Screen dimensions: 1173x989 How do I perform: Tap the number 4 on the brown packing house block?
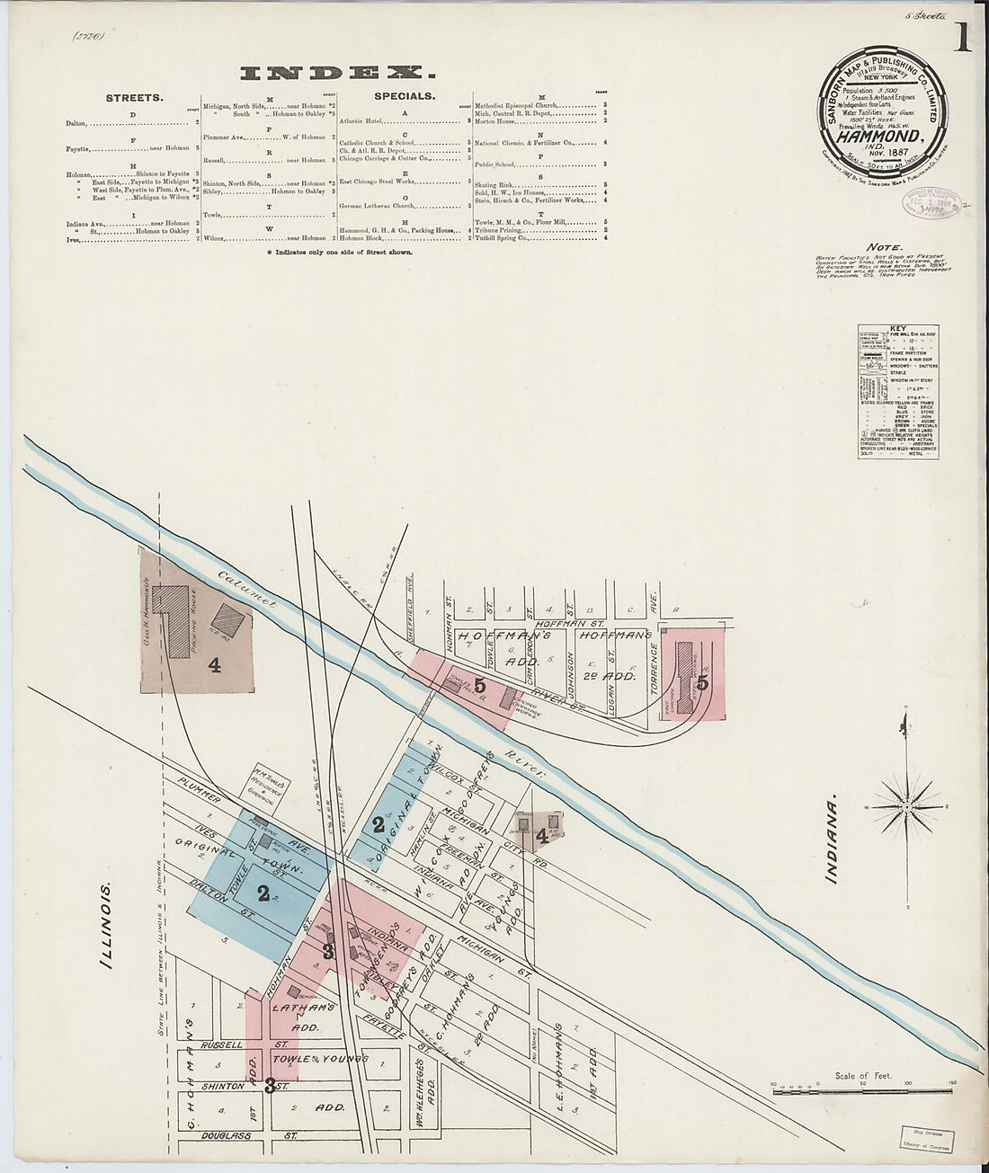[x=214, y=665]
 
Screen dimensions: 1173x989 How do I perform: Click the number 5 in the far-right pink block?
[x=703, y=682]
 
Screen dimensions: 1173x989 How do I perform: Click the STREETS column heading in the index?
[x=134, y=96]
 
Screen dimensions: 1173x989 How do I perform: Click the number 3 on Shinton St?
[x=270, y=1086]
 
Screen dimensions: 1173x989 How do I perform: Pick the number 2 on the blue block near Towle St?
[x=263, y=893]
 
